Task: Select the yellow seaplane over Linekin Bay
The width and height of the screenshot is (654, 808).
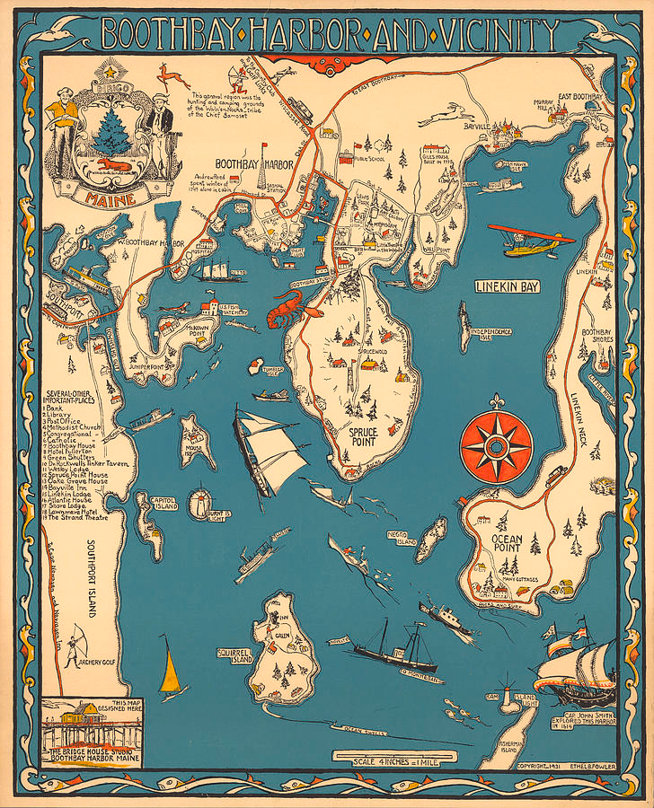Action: coord(535,241)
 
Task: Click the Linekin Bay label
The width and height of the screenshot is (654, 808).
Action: coord(508,286)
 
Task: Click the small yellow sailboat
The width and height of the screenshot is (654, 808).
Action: coord(171,669)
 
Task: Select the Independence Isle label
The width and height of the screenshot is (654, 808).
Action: coord(491,334)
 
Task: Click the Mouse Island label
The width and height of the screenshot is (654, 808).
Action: coord(192,445)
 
